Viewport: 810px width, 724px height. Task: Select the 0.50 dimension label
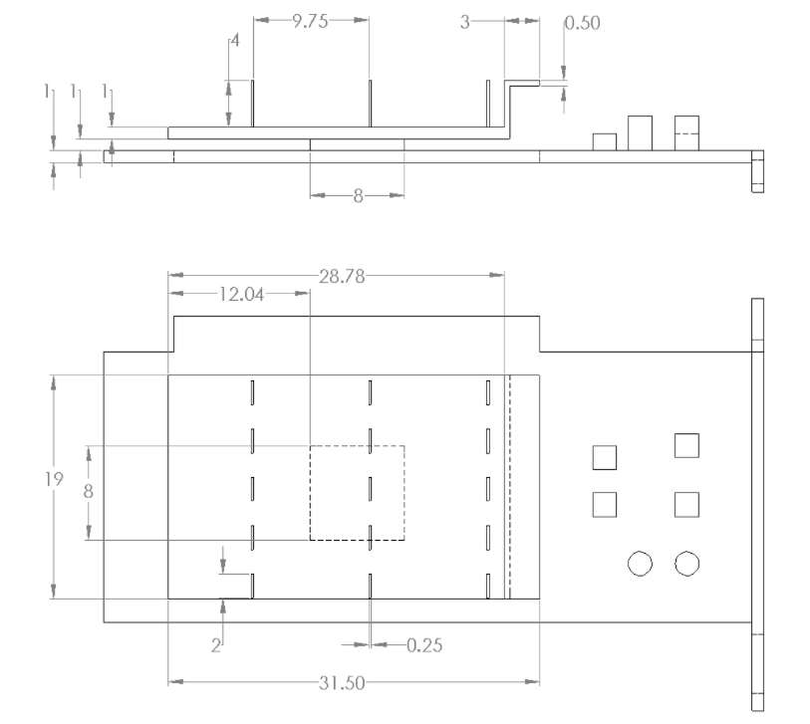(583, 23)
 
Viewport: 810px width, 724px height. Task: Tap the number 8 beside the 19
(89, 490)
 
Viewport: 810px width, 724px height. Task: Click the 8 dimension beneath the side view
(357, 195)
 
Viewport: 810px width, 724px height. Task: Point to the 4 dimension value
(236, 42)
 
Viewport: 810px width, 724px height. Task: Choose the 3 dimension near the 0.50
(464, 21)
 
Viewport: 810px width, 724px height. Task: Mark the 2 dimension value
(215, 646)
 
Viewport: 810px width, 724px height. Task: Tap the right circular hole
(686, 563)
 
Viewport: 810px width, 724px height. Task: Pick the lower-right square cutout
(685, 505)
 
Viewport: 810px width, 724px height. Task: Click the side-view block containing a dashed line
(686, 132)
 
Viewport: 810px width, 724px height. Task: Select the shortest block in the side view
(604, 141)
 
